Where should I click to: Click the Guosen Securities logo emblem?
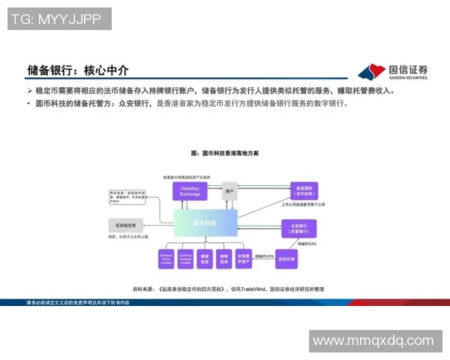click(370, 72)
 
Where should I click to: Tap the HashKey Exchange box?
click(189, 191)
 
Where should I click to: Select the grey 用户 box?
click(229, 191)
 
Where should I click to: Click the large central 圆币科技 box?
click(205, 223)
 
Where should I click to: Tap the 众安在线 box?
click(286, 259)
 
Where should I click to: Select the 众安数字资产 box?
click(243, 259)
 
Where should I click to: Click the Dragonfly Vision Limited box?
click(166, 259)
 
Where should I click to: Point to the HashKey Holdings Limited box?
click(185, 259)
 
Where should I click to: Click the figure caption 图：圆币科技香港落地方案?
click(224, 153)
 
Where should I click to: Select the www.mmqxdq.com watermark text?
click(373, 340)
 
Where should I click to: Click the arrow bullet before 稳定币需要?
click(29, 91)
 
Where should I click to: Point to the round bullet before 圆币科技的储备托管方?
click(29, 103)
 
